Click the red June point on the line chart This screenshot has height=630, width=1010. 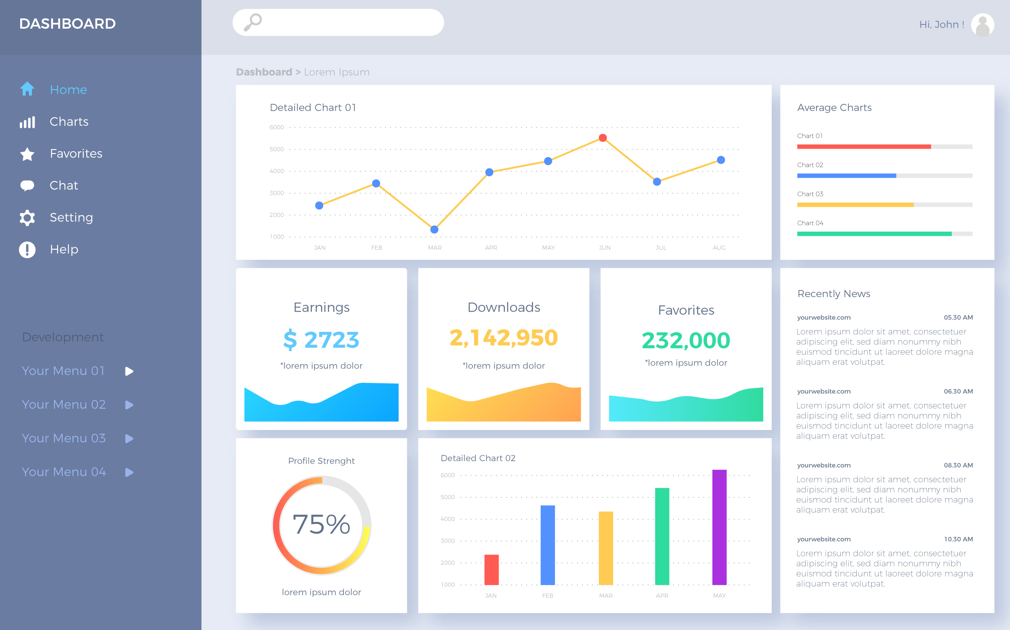coord(603,138)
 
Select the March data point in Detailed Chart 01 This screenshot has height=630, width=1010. coord(434,230)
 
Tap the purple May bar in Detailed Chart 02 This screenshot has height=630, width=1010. coord(719,527)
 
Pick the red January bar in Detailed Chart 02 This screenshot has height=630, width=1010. coord(491,569)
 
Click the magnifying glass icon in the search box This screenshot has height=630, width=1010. coord(253,22)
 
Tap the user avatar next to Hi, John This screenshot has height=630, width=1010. coord(982,25)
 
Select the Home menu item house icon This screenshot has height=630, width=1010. coord(27,89)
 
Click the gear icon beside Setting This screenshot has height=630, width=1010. coord(27,217)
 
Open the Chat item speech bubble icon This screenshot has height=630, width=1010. coord(27,185)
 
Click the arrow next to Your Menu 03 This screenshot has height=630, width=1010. coord(129,438)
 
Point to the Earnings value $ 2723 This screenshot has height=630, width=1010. coord(321,340)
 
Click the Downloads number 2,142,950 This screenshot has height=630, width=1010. coord(503,338)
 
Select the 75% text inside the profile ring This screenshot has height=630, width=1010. coord(322,524)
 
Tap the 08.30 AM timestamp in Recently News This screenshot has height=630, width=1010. coord(958,465)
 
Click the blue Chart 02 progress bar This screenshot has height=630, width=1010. coord(846,176)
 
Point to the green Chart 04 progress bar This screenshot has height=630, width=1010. coord(874,234)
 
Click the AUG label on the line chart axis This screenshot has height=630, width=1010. coord(719,248)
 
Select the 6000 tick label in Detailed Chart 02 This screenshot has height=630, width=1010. coord(448,475)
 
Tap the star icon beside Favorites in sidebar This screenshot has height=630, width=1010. coord(27,154)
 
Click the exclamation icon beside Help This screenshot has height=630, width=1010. coord(27,249)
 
